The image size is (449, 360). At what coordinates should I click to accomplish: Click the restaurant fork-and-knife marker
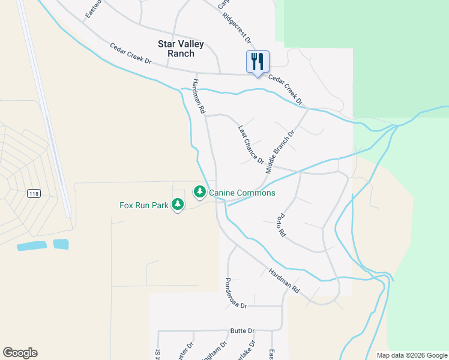coord(258,62)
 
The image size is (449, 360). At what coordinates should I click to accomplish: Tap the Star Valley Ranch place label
coord(181,49)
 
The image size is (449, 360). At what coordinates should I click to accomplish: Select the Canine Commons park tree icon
coord(199,193)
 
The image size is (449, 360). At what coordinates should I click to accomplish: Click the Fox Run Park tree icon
coord(177,205)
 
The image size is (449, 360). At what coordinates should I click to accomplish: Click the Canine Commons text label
coord(242,193)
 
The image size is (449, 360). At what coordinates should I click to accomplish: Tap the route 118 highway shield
coord(34,193)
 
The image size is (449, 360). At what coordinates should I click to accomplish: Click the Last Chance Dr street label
coord(251,145)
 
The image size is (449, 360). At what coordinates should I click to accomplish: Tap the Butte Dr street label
coord(243,331)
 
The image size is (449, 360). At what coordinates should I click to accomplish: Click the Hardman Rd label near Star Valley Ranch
coord(199,97)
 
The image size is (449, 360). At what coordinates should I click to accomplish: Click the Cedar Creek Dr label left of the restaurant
coord(130,54)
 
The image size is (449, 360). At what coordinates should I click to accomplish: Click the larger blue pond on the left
coord(32,246)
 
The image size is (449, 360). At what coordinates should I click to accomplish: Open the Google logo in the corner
coord(20,353)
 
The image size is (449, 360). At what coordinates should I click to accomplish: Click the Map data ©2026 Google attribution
coord(412,355)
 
